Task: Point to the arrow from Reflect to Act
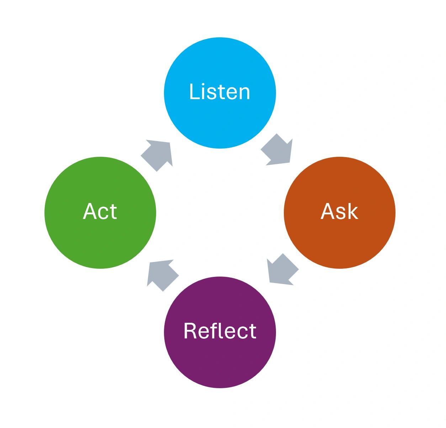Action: pyautogui.click(x=162, y=274)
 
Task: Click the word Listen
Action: pyautogui.click(x=220, y=92)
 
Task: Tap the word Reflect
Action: pyautogui.click(x=220, y=331)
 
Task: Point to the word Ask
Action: pyautogui.click(x=339, y=212)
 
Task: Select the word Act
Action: pyautogui.click(x=100, y=212)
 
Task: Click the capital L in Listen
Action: pyautogui.click(x=194, y=92)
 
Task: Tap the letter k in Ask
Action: pyautogui.click(x=352, y=212)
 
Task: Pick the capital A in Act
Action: pyautogui.click(x=90, y=212)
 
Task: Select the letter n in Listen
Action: pyautogui.click(x=244, y=94)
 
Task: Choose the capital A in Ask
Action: pyautogui.click(x=328, y=212)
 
